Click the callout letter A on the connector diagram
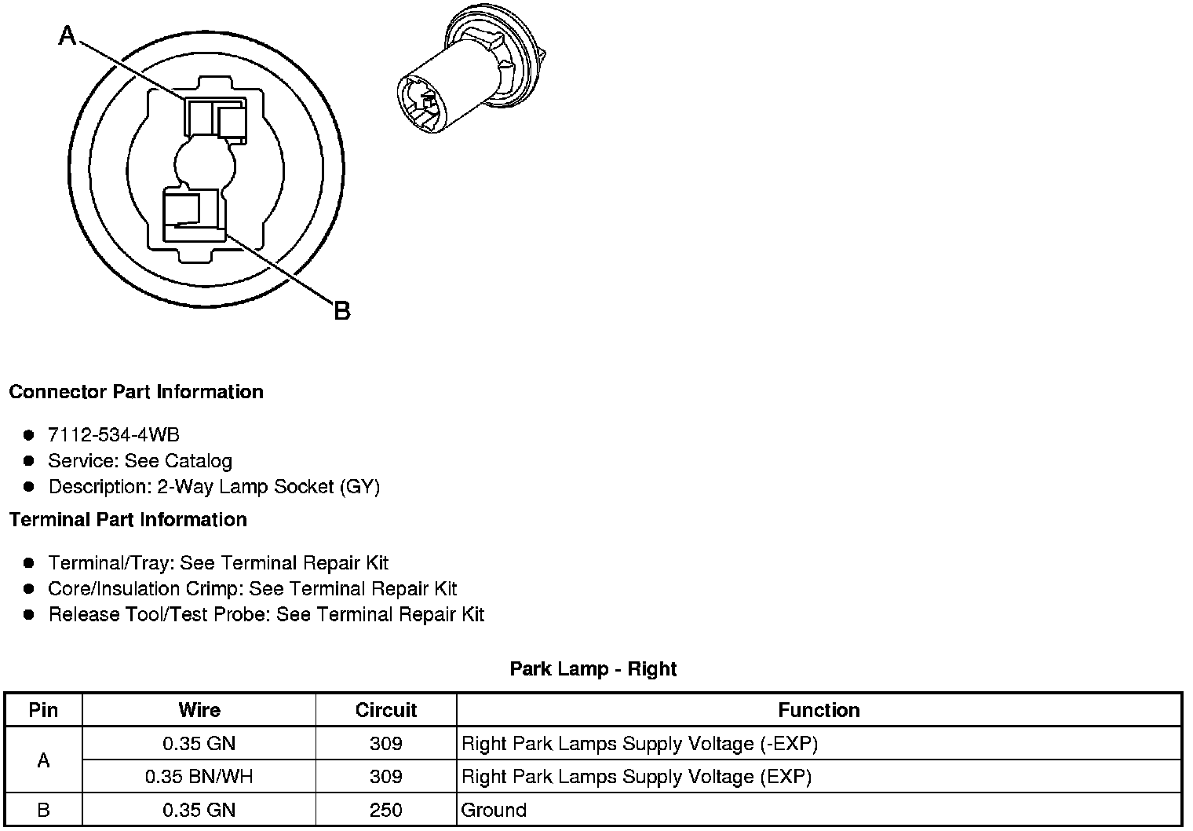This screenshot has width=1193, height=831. tap(68, 35)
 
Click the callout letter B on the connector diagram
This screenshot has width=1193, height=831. tap(342, 311)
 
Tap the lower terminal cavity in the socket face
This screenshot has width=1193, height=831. tap(192, 214)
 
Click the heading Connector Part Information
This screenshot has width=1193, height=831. tap(136, 392)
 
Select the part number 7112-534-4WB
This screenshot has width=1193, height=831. tap(114, 435)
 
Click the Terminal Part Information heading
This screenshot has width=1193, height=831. tap(128, 520)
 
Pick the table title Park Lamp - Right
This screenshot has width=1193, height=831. tap(593, 669)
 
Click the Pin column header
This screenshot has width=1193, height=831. tap(43, 710)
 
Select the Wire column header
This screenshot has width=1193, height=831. tap(199, 710)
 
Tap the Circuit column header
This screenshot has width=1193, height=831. tap(386, 710)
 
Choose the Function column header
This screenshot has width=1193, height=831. tap(819, 710)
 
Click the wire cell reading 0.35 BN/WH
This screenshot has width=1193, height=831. tap(199, 777)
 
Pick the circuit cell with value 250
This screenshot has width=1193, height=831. tap(386, 810)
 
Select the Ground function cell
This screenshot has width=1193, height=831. tap(494, 810)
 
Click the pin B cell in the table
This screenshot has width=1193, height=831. tap(43, 810)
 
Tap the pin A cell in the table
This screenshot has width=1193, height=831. tap(43, 760)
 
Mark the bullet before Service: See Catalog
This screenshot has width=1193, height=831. tap(29, 461)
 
